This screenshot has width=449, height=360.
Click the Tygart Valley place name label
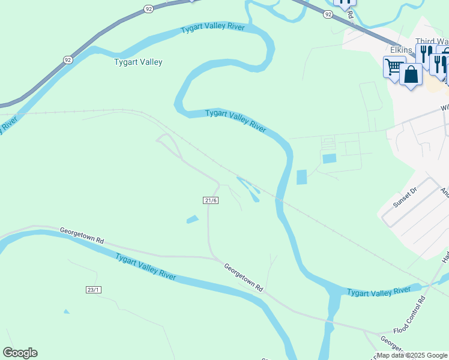click(x=138, y=62)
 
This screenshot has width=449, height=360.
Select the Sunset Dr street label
click(x=405, y=196)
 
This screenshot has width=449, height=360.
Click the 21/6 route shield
click(x=210, y=200)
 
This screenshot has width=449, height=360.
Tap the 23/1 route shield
click(x=93, y=290)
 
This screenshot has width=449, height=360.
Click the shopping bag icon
click(x=411, y=75)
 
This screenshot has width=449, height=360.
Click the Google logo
click(x=20, y=352)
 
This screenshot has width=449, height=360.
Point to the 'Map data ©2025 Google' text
click(x=412, y=355)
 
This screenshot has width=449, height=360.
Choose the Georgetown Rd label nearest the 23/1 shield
click(x=82, y=235)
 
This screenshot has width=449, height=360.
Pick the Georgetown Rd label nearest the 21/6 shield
click(x=244, y=277)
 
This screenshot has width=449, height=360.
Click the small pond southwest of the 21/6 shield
click(x=193, y=220)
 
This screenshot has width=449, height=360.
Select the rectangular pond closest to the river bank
click(x=301, y=177)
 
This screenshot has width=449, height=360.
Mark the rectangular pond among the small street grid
click(x=329, y=158)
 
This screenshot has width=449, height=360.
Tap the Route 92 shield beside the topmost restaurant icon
click(x=327, y=13)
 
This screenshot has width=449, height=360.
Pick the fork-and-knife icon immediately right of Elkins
click(x=424, y=54)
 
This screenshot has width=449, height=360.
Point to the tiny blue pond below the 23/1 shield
click(x=66, y=311)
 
